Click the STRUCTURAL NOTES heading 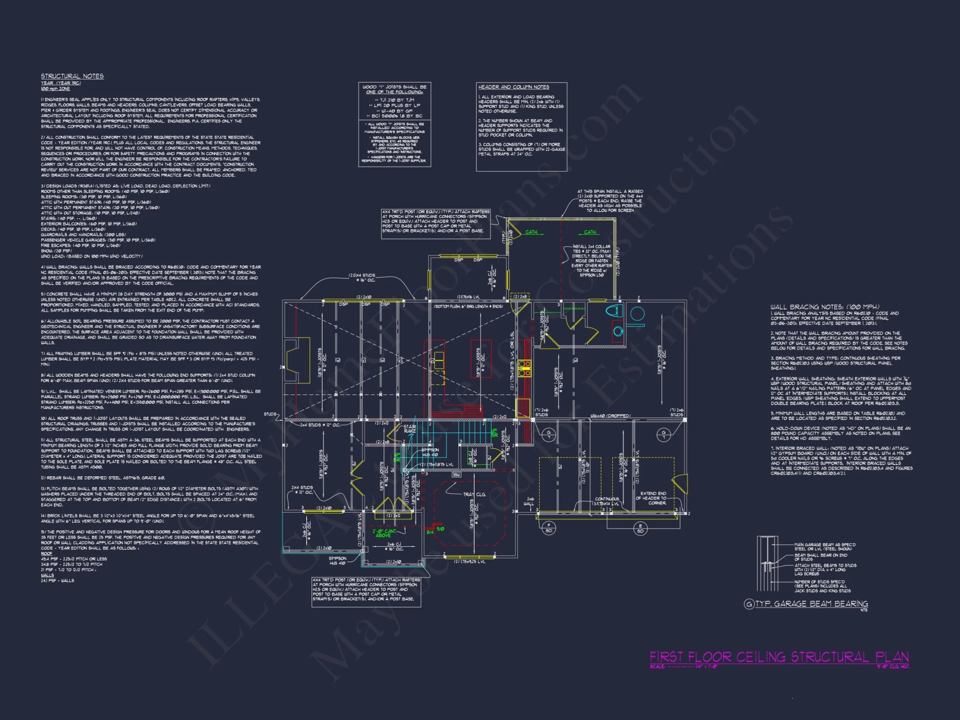(x=72, y=76)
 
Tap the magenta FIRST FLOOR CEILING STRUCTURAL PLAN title (x=779, y=657)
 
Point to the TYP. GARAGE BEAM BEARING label (x=811, y=604)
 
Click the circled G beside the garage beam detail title (x=748, y=604)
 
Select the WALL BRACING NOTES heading (x=825, y=307)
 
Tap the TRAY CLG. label (x=474, y=494)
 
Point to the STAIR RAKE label (x=409, y=429)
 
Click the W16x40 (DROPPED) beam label (x=610, y=416)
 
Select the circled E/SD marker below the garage (x=640, y=528)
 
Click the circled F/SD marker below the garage (x=549, y=528)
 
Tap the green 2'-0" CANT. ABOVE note (x=384, y=533)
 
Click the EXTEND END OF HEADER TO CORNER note (x=653, y=498)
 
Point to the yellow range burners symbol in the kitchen (x=524, y=368)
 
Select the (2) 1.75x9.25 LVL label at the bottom (x=469, y=562)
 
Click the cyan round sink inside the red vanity (x=618, y=331)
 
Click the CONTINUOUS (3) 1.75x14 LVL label (x=607, y=502)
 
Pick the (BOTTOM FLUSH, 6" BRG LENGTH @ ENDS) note (x=468, y=306)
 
